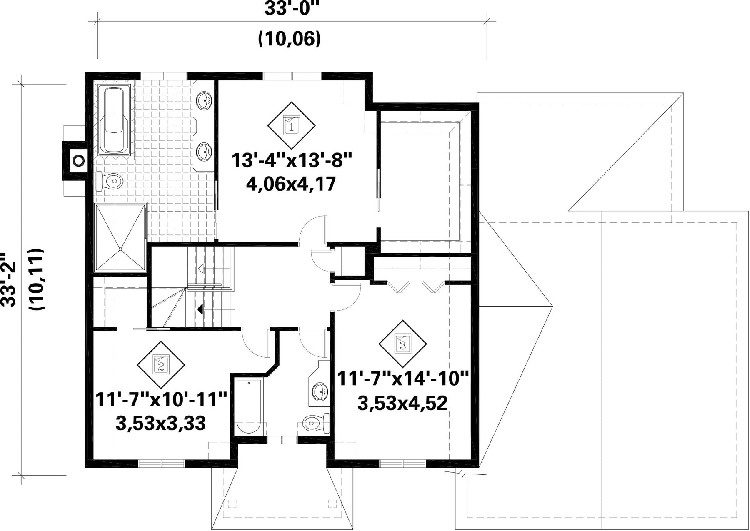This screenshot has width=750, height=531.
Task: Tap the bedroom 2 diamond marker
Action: coord(161,365)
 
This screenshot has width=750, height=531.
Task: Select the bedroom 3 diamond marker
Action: coord(402,344)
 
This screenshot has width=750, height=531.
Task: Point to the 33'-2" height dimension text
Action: coord(8,279)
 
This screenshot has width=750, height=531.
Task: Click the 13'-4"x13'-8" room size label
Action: coord(292,160)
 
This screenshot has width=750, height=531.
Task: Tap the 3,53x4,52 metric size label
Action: coord(402,403)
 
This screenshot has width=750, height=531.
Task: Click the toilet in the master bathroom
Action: coord(109,182)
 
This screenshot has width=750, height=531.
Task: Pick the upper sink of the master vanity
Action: coord(205,100)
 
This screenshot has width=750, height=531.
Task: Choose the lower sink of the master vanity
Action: coord(205,151)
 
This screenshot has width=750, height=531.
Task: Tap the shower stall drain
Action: coord(120,249)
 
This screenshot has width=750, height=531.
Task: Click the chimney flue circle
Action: coord(77,160)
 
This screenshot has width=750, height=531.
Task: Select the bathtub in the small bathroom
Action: coord(249,406)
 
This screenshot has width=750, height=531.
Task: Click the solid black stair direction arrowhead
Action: coord(200,309)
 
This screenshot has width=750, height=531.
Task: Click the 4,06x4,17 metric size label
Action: coord(291,184)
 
